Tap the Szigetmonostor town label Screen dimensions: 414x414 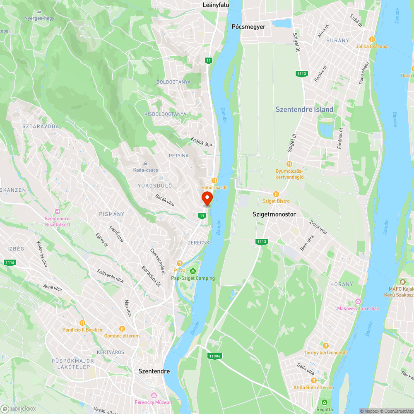click(x=274, y=214)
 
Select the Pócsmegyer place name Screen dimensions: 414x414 click(x=248, y=26)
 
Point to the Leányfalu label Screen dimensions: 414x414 click(x=216, y=5)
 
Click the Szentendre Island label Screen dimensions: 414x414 click(x=304, y=110)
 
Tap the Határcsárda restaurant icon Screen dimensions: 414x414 click(x=214, y=180)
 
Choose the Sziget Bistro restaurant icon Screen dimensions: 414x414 click(x=276, y=194)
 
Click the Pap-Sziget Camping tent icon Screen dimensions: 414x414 click(x=193, y=271)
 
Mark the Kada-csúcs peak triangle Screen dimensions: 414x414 click(x=145, y=163)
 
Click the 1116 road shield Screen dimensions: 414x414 click(x=10, y=262)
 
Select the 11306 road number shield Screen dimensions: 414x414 click(x=215, y=356)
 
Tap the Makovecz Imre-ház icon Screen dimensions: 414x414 click(x=358, y=301)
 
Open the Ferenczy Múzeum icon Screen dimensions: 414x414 click(x=154, y=395)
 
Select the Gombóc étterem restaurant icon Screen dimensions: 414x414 click(x=122, y=328)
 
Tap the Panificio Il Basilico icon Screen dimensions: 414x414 click(x=82, y=323)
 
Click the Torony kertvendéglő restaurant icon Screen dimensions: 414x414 click(x=326, y=345)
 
